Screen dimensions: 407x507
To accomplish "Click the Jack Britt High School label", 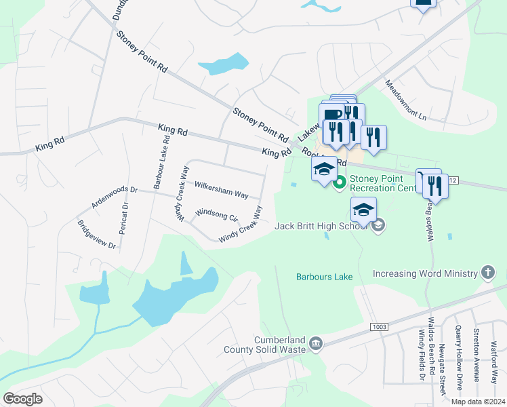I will coord(323,225).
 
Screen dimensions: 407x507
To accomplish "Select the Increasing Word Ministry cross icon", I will coord(487,273).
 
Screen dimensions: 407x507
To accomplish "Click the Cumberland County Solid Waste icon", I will coord(315,345).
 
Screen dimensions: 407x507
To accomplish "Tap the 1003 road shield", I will coord(379,327).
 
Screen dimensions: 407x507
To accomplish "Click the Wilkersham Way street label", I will coord(221,189).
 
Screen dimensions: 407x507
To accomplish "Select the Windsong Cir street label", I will coord(217,214).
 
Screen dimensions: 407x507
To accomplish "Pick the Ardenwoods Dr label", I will coord(116,197).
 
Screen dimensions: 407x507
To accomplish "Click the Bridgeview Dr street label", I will coord(96,235).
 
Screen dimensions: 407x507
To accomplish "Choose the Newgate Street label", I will coord(441,370).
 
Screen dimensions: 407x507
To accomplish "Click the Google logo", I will coord(23,398).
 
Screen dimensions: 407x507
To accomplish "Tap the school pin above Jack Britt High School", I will coord(363,210).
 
